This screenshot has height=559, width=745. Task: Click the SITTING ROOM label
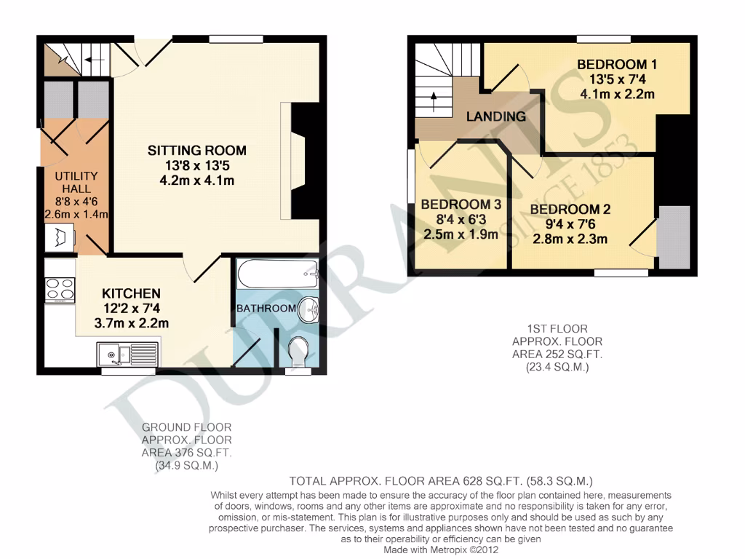point(197,151)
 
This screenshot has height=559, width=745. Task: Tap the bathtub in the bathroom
point(277,274)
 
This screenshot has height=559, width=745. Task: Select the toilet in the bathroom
point(298,352)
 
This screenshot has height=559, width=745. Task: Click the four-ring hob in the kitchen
point(60,290)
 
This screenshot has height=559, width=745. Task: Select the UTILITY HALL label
point(75,183)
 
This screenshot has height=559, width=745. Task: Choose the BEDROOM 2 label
point(570,210)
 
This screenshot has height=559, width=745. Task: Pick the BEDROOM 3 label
point(461,205)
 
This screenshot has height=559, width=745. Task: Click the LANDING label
point(495,116)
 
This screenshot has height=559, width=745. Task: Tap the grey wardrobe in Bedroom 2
point(674,237)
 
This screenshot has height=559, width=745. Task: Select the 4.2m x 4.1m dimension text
point(197,181)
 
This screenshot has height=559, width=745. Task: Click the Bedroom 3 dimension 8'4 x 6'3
point(461,219)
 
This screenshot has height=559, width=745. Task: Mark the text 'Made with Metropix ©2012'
point(440,550)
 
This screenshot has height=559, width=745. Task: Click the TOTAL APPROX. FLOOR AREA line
point(441,481)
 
